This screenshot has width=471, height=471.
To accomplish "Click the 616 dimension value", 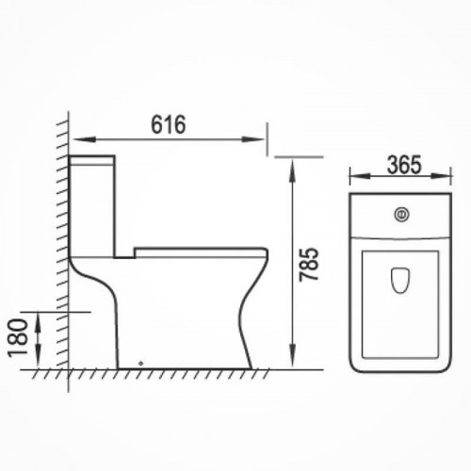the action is [169, 124].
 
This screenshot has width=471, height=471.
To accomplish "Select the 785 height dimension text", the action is [308, 264].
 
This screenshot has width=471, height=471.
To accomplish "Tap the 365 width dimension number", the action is [403, 165].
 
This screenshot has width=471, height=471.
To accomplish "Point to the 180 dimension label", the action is [17, 338].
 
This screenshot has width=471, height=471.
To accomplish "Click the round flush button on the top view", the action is [402, 215].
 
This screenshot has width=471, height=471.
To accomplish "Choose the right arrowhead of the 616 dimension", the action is [253, 139].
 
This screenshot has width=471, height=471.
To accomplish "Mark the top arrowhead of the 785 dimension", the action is [292, 170].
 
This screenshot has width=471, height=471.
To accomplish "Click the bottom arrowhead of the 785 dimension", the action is [292, 355].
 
